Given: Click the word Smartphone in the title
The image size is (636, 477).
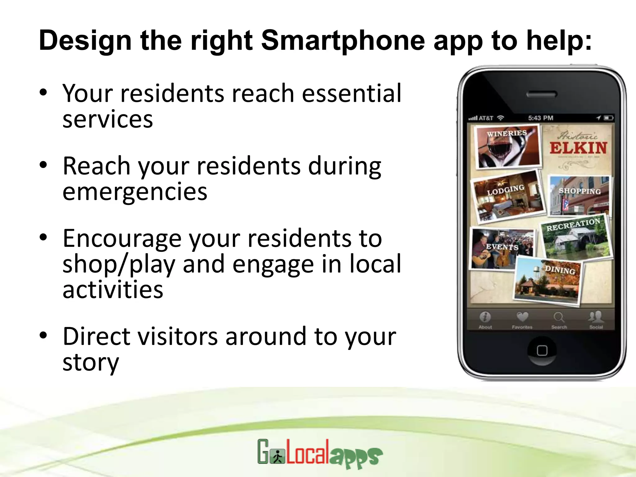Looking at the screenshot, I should (343, 40).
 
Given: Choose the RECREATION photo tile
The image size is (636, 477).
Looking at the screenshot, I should (576, 238).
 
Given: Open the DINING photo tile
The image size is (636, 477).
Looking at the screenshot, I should (548, 281).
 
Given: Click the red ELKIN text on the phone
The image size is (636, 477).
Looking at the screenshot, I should (578, 148).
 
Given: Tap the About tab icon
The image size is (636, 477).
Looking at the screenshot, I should (485, 317).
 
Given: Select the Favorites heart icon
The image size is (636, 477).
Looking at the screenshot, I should (522, 317).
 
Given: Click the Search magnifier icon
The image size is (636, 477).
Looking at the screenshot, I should (559, 317).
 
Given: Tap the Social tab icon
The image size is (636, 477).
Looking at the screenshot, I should (596, 317).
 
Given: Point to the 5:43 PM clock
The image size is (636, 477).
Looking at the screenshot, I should (541, 118).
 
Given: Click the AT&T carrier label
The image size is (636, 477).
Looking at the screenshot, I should (486, 118).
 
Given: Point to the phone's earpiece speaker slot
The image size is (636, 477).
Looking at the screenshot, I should (542, 94).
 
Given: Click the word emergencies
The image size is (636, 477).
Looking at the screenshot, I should (135, 192).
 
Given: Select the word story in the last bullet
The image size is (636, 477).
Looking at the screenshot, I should (91, 362).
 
